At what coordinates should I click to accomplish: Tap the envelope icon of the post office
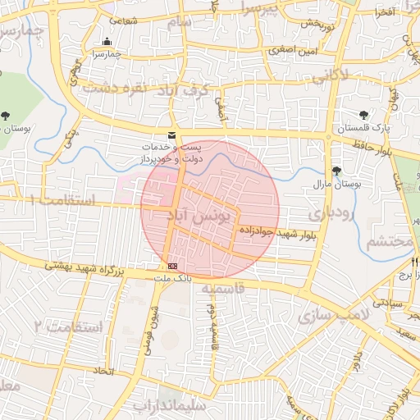pos(171,135)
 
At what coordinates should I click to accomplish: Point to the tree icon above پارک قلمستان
pos(363,116)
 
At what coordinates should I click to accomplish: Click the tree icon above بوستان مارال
pos(336,171)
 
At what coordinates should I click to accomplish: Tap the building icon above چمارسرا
pos(107,42)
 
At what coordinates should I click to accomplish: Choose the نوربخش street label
pos(317,23)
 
